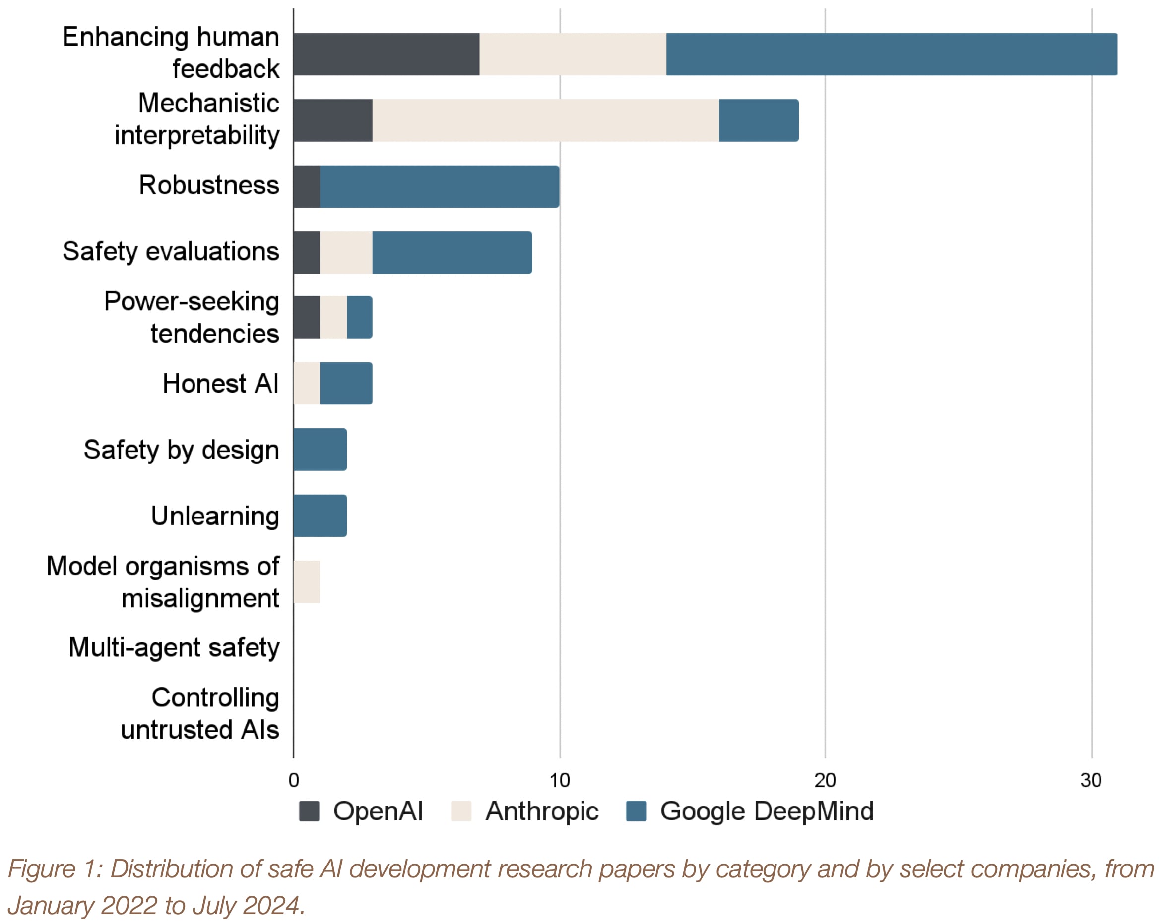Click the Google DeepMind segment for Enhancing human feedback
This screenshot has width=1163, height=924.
(x=891, y=55)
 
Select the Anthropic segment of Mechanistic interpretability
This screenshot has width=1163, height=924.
(x=545, y=121)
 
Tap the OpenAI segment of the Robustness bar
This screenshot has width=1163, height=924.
(x=307, y=186)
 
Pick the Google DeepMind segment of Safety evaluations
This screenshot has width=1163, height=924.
(x=452, y=253)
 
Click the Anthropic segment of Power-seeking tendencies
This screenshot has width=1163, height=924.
(x=333, y=318)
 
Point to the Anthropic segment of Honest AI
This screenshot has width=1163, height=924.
(x=307, y=383)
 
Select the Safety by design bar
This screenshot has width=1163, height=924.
(x=321, y=450)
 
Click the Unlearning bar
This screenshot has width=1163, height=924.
(x=321, y=516)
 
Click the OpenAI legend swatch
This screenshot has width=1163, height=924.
(x=309, y=811)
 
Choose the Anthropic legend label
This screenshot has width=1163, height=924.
(x=542, y=811)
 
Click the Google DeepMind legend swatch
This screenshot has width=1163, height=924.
(x=636, y=811)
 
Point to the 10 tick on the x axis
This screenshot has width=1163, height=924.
(x=559, y=780)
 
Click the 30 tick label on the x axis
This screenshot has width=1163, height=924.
(x=1091, y=780)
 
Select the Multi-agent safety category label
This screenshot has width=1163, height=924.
(x=174, y=647)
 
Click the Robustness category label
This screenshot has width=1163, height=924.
(x=209, y=185)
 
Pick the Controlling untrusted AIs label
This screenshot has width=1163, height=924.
(x=199, y=713)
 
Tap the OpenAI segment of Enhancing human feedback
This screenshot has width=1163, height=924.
(x=386, y=55)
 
